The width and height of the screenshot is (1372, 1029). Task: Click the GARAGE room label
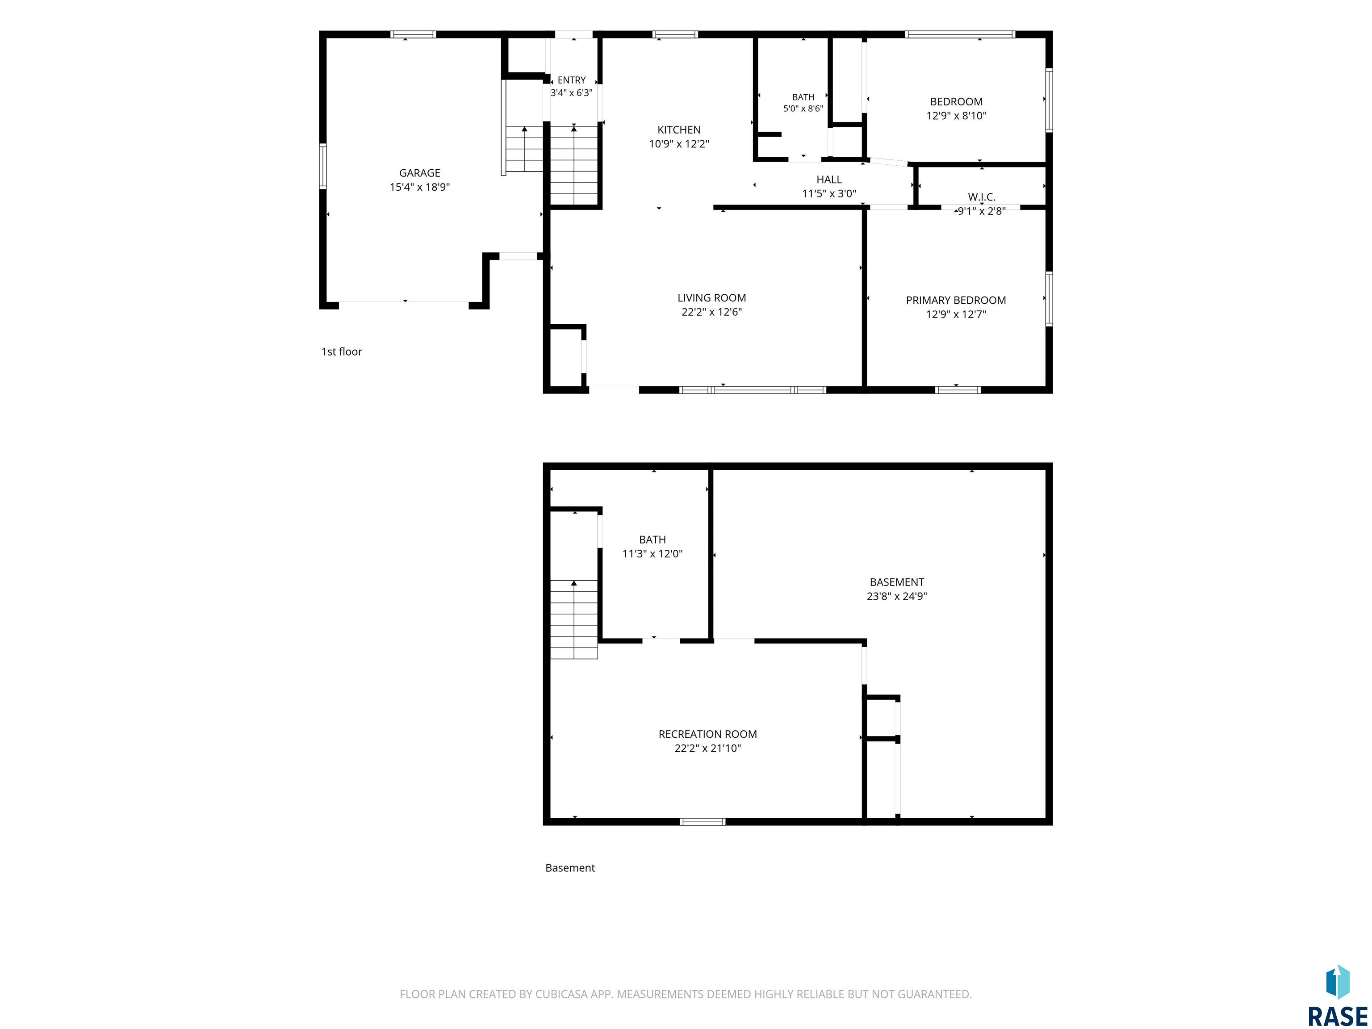coord(419,173)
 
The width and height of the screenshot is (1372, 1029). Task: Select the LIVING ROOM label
coord(711,298)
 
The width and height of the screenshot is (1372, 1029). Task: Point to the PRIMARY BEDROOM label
coord(956,300)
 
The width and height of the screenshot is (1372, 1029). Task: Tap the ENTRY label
coord(571,80)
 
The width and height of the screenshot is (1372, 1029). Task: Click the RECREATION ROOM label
coord(708,734)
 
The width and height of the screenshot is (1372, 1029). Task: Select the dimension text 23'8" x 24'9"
coord(896,596)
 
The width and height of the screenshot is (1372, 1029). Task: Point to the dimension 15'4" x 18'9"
coord(419,187)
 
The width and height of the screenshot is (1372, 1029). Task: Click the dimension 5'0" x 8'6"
coord(803,109)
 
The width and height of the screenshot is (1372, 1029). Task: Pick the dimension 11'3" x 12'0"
coord(652,553)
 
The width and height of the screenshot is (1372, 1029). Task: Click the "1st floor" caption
coord(341,351)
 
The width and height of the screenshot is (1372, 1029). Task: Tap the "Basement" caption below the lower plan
coord(569,868)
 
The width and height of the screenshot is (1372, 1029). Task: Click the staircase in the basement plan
coord(574,619)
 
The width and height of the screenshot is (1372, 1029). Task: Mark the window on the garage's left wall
coord(322,166)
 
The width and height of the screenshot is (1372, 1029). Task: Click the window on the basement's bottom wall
coord(702,822)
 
